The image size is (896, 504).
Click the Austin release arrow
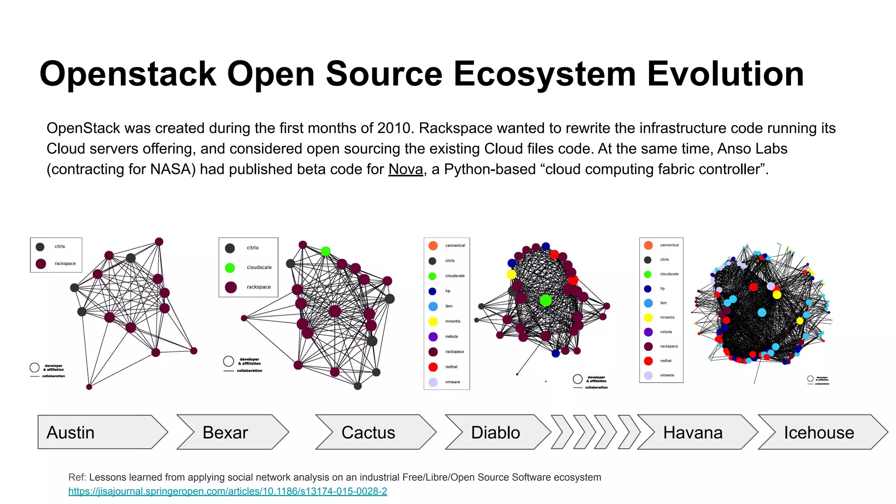coord(101,432)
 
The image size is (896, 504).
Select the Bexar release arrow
coord(232,432)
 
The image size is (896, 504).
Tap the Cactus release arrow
coord(374,432)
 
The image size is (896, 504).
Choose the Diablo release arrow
coord(497,432)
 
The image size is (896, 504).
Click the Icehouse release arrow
coord(820,432)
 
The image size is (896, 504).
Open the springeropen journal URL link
coord(227,491)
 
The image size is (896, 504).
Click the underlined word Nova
coord(406,169)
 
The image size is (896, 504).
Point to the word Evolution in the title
coord(725,73)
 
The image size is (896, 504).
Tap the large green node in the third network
coord(546,300)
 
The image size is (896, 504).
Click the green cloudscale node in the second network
coord(325,251)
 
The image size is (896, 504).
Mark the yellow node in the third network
coord(511,274)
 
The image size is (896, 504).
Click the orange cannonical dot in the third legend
coord(433,245)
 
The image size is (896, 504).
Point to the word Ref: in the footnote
coord(77,477)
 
